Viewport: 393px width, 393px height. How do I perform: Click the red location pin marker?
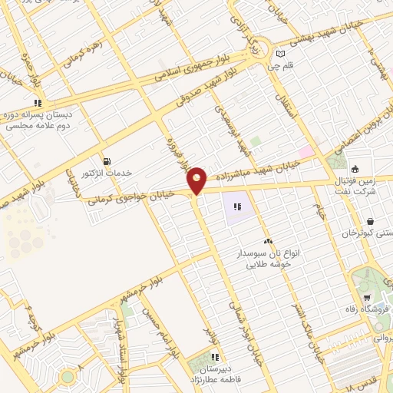point(197,180)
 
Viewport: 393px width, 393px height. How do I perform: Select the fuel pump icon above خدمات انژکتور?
point(106,161)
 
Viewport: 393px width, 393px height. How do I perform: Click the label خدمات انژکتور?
point(107,174)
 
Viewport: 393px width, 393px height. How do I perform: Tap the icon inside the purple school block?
point(238,206)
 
